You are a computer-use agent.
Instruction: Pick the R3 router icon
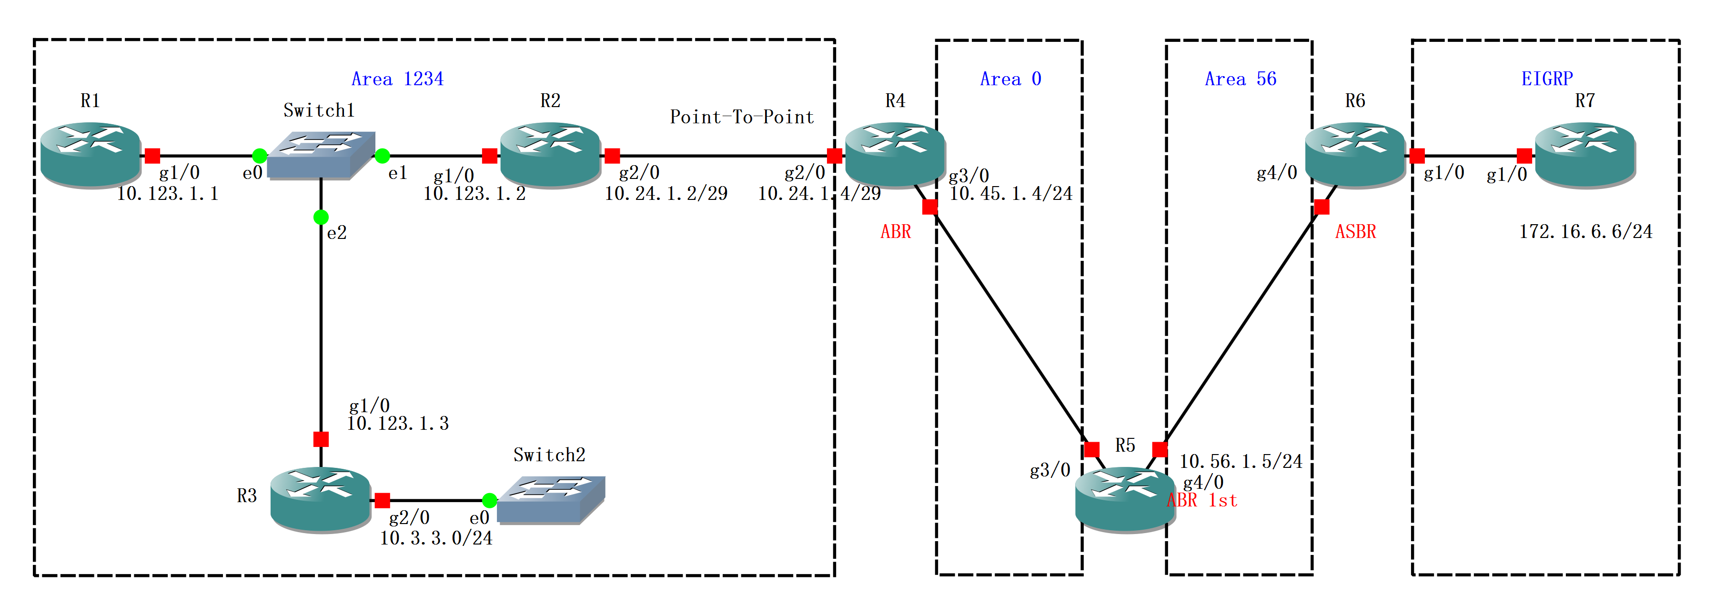[320, 499]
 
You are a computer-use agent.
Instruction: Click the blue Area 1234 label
[397, 79]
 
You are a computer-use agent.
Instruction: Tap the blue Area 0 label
[1010, 79]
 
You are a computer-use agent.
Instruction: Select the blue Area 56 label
[1241, 79]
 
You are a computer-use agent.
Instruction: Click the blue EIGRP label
[1546, 79]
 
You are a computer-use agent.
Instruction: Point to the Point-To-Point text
[742, 117]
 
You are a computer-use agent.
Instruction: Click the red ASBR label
[1355, 231]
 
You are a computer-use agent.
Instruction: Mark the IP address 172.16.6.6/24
[1585, 231]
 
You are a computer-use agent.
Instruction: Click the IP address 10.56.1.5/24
[1241, 461]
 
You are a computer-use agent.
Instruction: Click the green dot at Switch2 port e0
[489, 500]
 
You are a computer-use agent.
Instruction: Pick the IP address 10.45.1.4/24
[1010, 194]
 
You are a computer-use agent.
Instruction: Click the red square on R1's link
[152, 156]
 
